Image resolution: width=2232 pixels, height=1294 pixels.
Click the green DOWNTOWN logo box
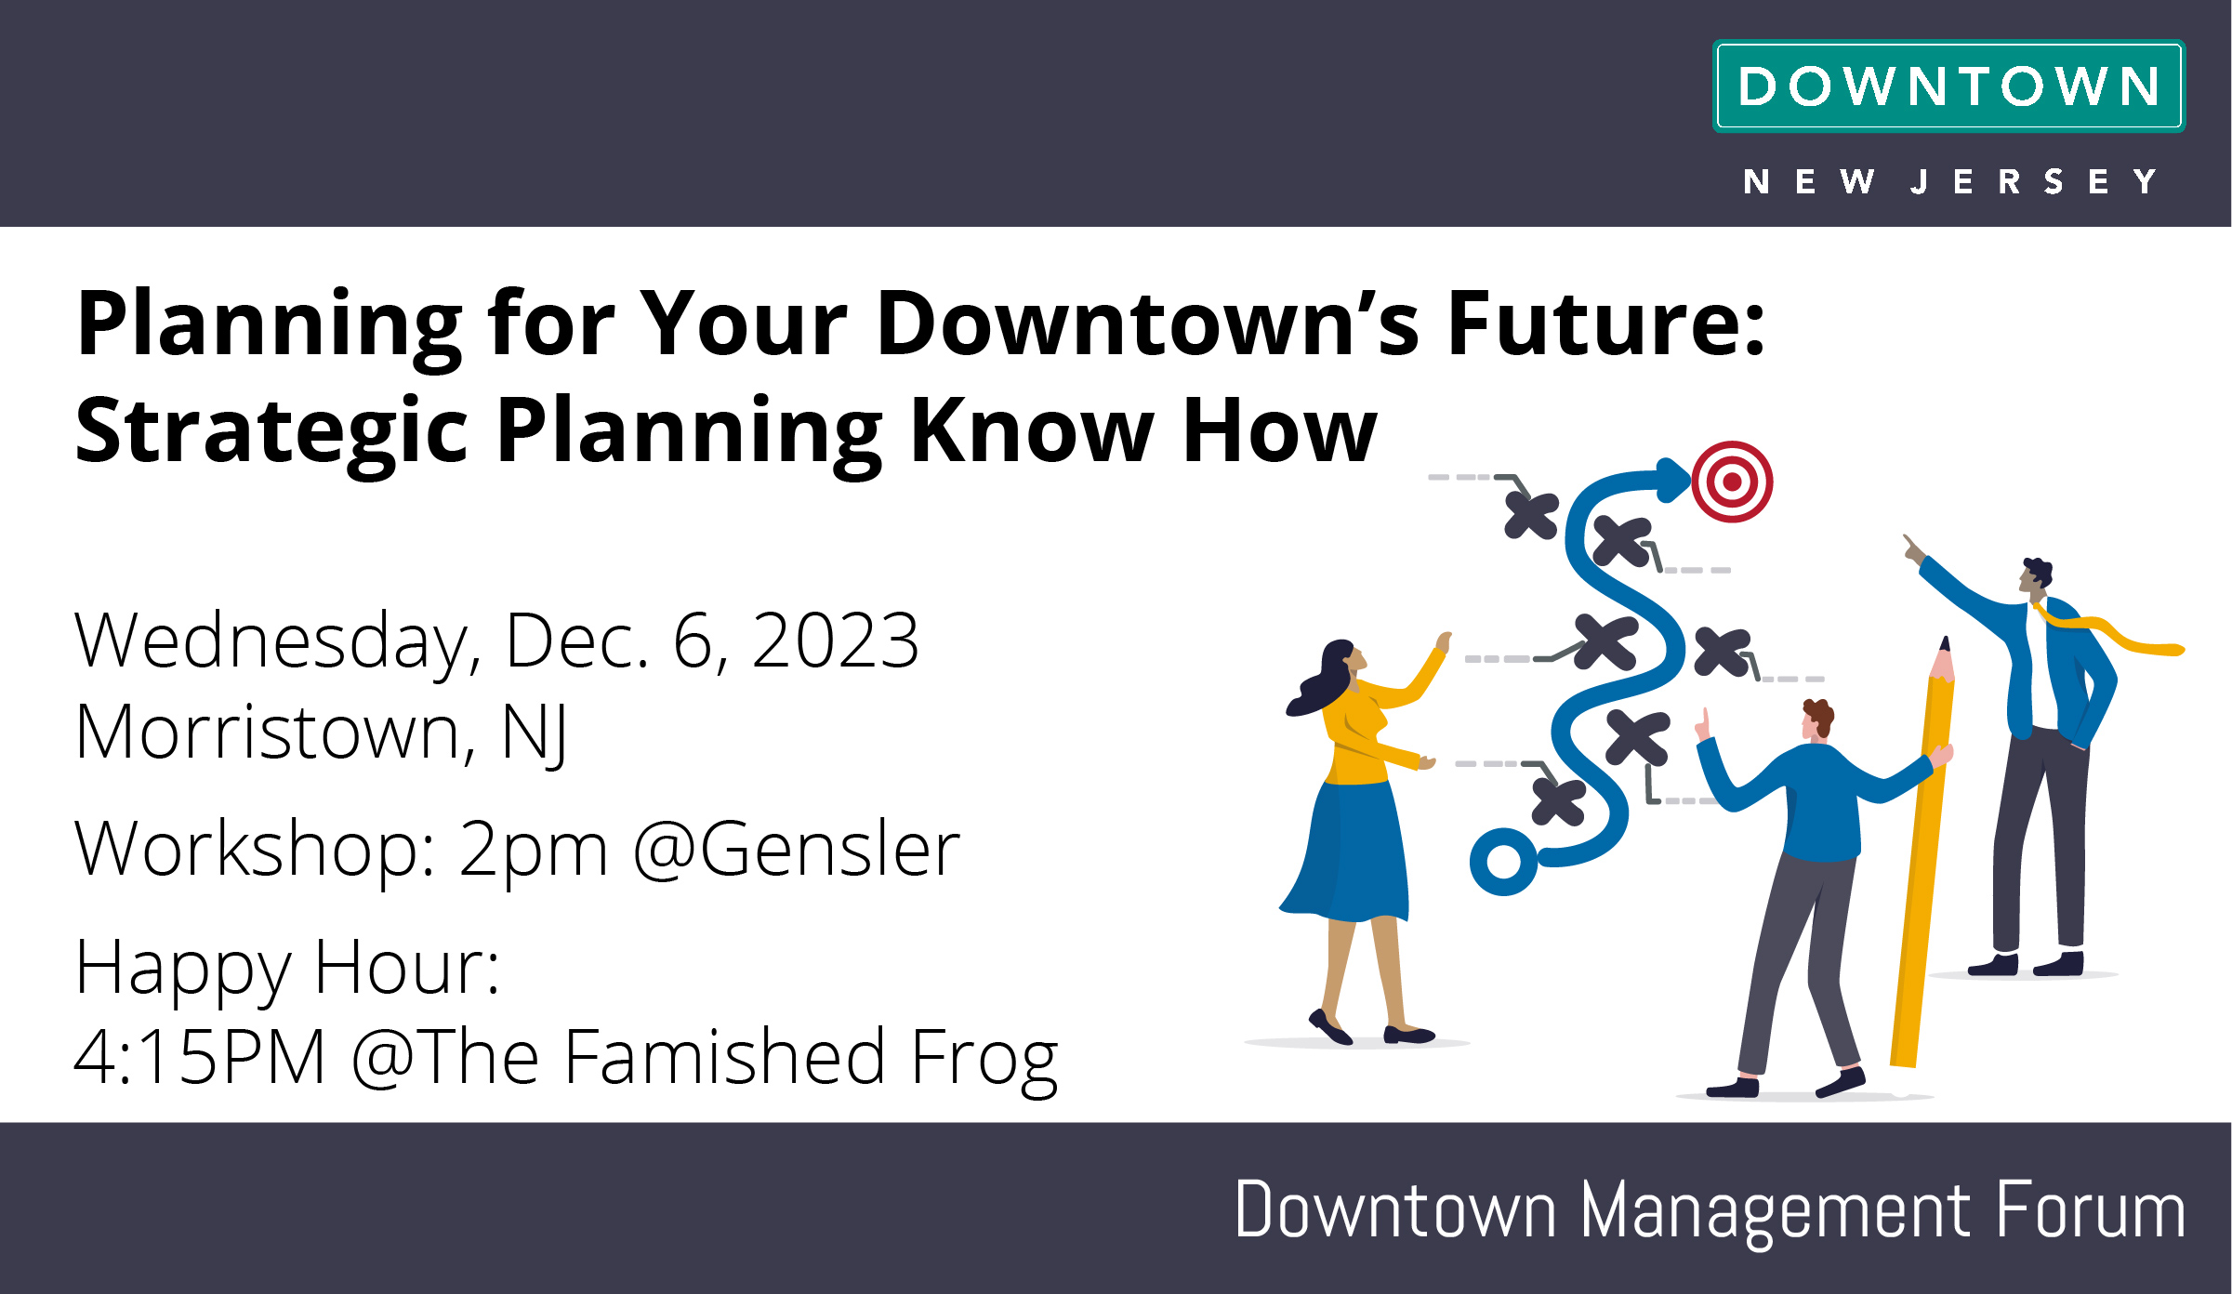coord(1948,86)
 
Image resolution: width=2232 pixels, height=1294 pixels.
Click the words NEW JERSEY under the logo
coord(1949,181)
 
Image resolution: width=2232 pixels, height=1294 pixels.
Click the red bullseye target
coord(1732,482)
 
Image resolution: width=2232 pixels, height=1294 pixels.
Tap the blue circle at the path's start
coord(1503,862)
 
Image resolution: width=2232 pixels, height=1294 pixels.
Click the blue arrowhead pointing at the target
coord(1673,480)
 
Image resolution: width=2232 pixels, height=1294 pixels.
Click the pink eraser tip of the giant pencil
coord(1942,662)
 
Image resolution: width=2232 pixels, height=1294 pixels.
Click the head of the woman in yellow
coord(1340,662)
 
